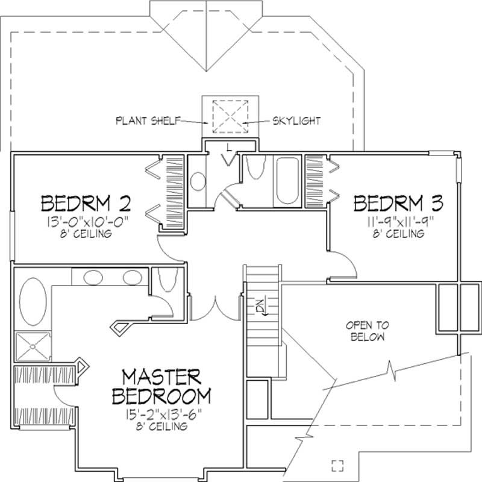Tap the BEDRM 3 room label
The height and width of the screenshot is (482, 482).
pyautogui.click(x=398, y=202)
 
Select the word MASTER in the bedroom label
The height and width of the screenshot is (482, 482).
pyautogui.click(x=161, y=378)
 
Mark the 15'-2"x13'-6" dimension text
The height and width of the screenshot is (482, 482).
pyautogui.click(x=161, y=414)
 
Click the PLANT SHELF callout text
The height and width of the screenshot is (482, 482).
pyautogui.click(x=147, y=120)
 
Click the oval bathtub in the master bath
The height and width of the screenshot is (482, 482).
pyautogui.click(x=31, y=299)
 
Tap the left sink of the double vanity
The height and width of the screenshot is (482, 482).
pyautogui.click(x=93, y=278)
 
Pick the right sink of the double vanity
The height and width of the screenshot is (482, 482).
pyautogui.click(x=131, y=278)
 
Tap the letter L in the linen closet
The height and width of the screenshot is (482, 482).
pyautogui.click(x=229, y=148)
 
